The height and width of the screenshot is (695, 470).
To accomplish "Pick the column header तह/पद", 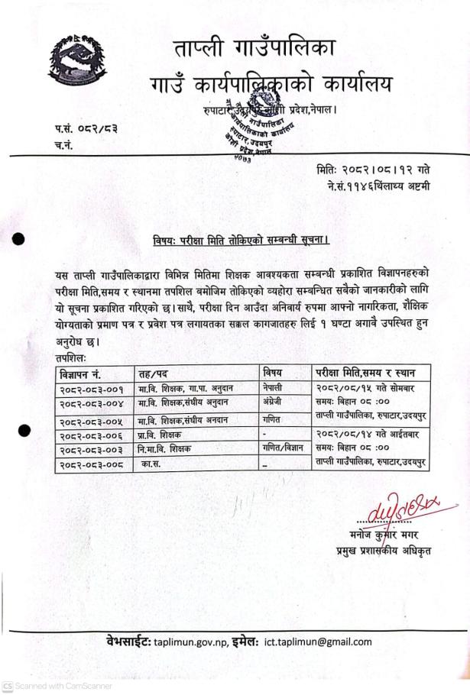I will (154, 374).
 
